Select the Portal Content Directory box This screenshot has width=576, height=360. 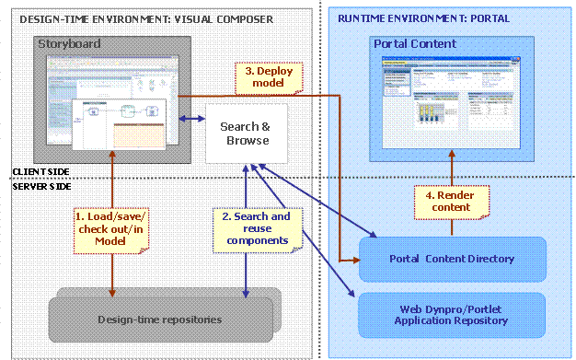tap(451, 259)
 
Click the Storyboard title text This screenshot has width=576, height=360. tap(69, 43)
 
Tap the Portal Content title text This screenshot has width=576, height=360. tap(414, 43)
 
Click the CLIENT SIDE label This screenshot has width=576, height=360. tap(38, 171)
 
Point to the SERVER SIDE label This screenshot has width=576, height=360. tap(39, 185)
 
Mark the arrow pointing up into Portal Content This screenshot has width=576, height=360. tap(451, 168)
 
